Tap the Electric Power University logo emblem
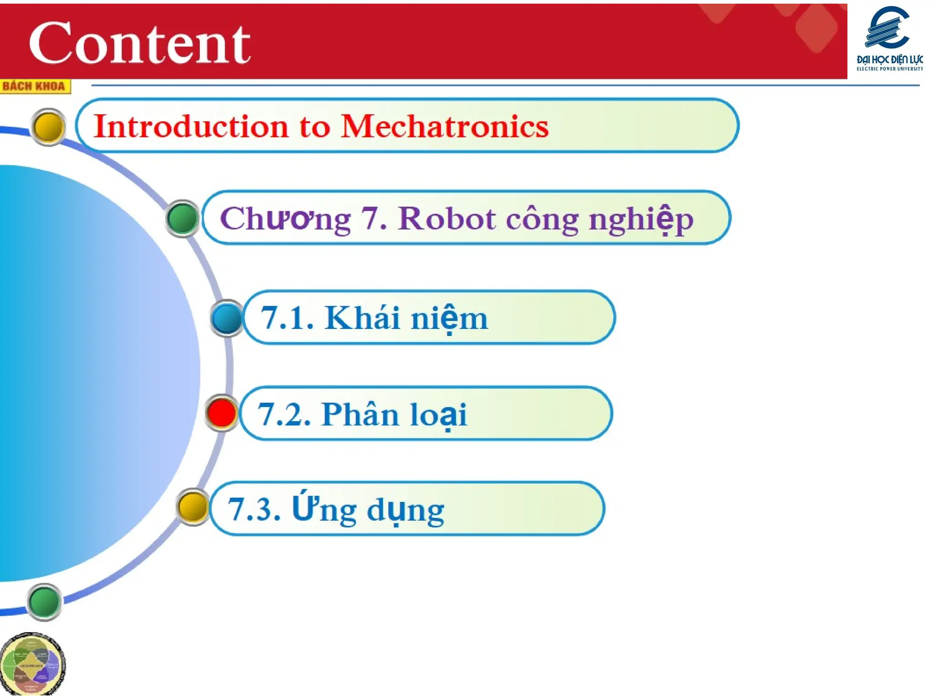tap(888, 28)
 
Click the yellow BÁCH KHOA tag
tap(35, 86)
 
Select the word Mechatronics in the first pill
tap(444, 126)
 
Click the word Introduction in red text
tap(191, 126)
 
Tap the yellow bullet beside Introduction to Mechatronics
tap(48, 127)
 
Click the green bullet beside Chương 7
tap(182, 218)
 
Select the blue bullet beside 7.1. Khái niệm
tap(226, 318)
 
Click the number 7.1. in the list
tap(287, 318)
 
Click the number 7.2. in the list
tap(284, 414)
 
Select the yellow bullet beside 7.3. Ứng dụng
tap(192, 507)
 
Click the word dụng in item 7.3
tap(405, 510)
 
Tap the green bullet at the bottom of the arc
tap(44, 602)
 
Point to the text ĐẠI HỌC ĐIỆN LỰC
tap(889, 60)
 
